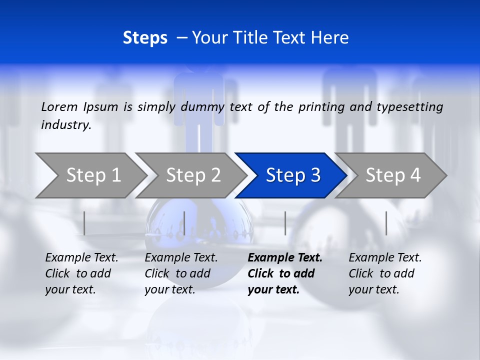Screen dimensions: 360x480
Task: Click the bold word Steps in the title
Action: (x=145, y=38)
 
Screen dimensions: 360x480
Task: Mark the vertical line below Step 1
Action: (x=84, y=223)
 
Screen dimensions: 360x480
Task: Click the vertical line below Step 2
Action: (x=184, y=223)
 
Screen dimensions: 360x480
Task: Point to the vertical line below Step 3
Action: (x=285, y=223)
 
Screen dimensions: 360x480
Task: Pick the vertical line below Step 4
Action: (x=386, y=223)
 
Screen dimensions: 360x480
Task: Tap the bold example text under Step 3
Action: (x=284, y=273)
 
